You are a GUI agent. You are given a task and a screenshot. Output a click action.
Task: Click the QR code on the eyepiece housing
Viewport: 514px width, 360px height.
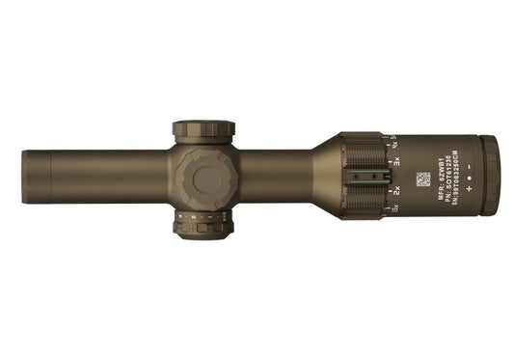pos(422,180)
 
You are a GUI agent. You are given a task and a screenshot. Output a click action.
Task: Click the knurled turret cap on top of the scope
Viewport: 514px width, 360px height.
pos(203,129)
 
